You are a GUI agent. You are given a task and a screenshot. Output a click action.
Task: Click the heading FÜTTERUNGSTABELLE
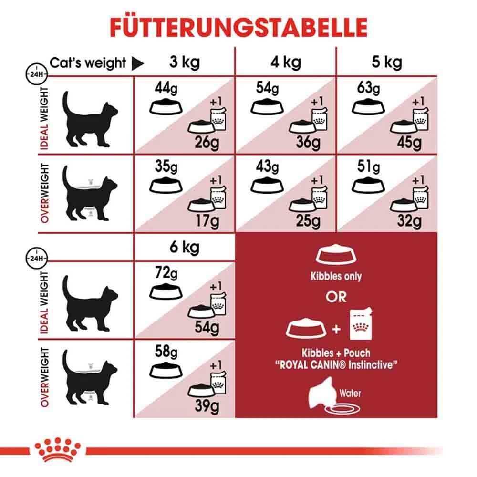tap(238, 27)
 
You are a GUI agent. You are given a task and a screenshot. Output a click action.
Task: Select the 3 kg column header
tap(184, 62)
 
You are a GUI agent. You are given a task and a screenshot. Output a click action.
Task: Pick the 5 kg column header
tap(386, 62)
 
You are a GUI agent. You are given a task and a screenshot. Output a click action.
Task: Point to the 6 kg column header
tap(184, 247)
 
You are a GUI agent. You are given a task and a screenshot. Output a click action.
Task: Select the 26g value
tap(206, 142)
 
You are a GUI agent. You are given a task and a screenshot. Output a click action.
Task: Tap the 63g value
tap(368, 89)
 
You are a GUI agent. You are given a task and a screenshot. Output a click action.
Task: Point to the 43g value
tap(267, 167)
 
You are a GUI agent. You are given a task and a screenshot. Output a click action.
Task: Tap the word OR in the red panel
tap(336, 296)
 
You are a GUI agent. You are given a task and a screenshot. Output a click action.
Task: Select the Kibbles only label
tap(337, 277)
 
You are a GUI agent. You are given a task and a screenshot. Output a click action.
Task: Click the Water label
tap(351, 394)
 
